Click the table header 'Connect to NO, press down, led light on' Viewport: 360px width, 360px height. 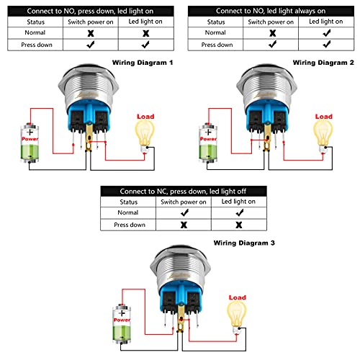[x=87, y=9]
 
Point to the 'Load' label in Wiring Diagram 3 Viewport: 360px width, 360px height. [x=237, y=297]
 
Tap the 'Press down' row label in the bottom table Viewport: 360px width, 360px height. [x=128, y=225]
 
